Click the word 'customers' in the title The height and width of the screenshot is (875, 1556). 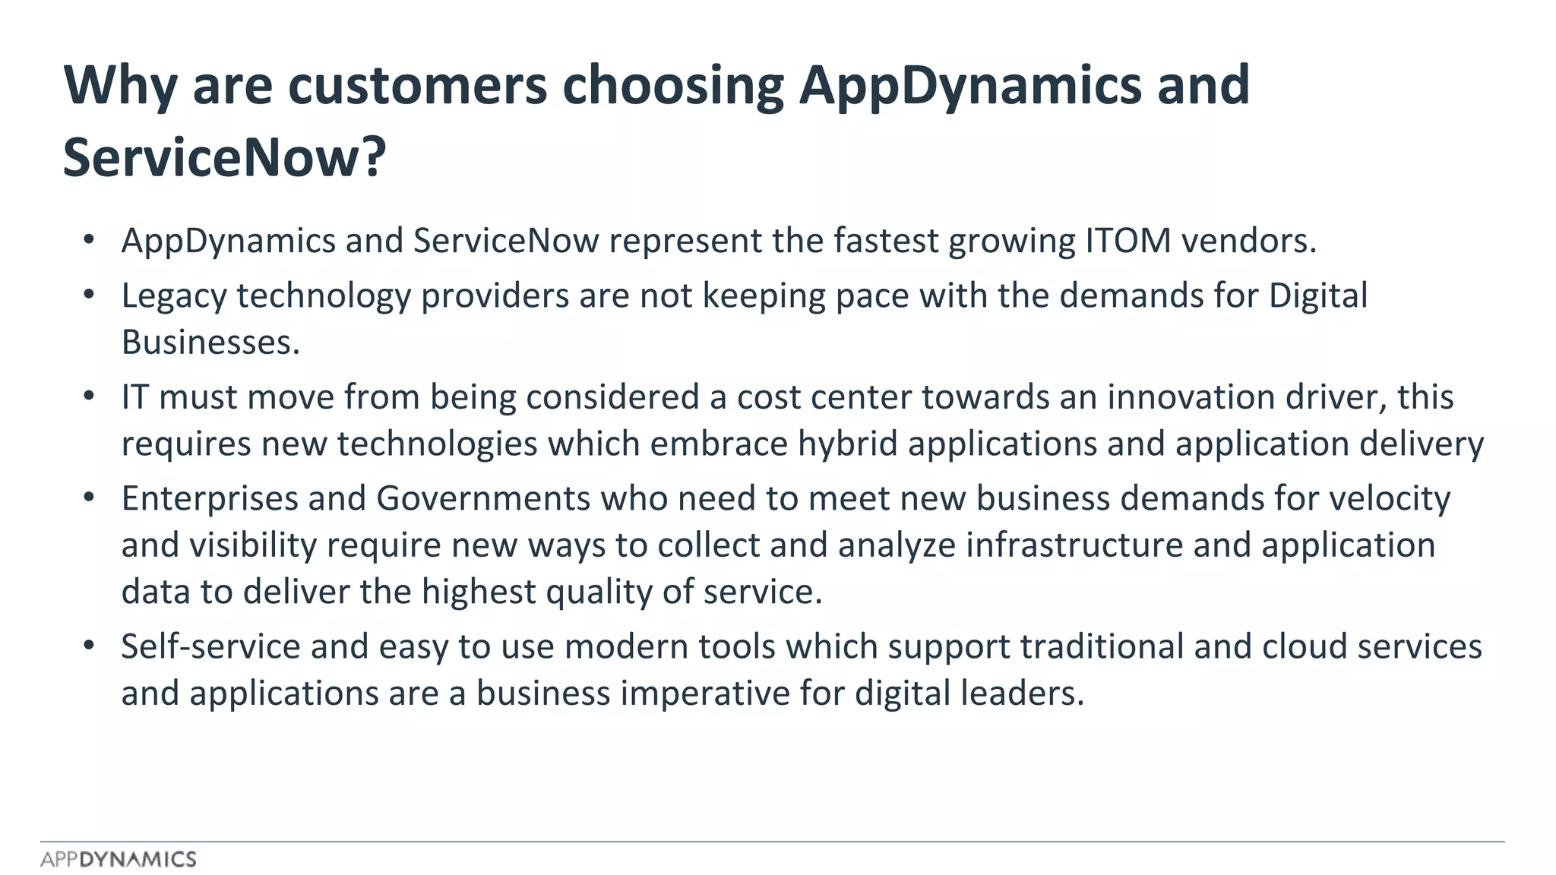pos(417,85)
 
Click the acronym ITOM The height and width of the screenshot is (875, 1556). pos(1128,241)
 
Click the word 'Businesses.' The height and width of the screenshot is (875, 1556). pos(210,343)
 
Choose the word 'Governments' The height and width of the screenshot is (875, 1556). pos(483,499)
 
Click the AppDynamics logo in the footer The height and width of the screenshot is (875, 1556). pos(119,859)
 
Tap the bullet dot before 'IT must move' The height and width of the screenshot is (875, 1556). pos(89,396)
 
